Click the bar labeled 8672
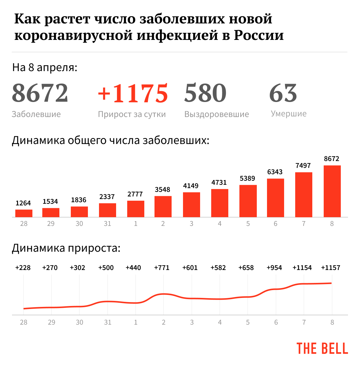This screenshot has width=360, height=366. point(332,191)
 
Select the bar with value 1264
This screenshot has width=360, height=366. point(24,213)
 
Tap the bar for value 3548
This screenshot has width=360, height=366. point(163,206)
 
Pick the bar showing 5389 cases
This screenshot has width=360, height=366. point(248,201)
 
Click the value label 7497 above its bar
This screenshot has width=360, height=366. point(303,166)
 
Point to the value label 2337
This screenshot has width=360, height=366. point(107,197)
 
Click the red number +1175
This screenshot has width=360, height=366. point(133,93)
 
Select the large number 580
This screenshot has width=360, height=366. point(205,93)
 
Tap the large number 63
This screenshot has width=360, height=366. point(283,93)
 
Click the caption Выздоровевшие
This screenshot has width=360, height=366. point(217,114)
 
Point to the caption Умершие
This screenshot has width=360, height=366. point(289,114)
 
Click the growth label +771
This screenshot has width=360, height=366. point(162,268)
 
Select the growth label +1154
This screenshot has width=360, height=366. point(302,268)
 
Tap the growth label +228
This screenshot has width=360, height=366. point(23,268)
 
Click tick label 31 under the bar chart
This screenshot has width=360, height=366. point(107,224)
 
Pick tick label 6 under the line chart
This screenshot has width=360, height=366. point(276,322)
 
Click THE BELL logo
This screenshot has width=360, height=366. point(322,349)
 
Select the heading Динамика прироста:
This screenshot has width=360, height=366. point(66,248)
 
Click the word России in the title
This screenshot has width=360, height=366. point(259,35)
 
